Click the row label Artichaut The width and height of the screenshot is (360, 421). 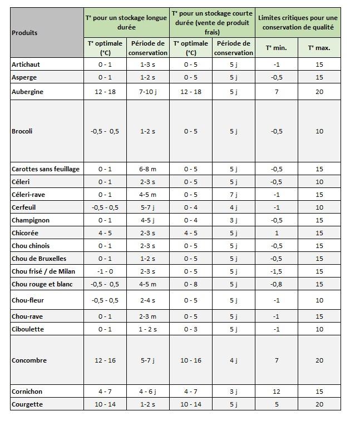coord(26,65)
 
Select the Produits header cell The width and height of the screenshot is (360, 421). coord(24,32)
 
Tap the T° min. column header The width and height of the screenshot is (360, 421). coord(276,48)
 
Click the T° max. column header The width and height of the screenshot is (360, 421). coord(319,48)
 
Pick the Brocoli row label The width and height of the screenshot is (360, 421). coord(22,131)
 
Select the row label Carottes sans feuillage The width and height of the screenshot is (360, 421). coord(46,169)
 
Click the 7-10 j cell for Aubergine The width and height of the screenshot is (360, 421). coord(147,92)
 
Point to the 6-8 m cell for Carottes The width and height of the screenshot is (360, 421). coord(147,169)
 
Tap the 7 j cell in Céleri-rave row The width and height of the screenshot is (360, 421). coord(234,195)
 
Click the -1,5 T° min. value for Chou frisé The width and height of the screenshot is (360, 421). coord(276,271)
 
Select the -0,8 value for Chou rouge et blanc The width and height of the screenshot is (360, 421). coord(276,284)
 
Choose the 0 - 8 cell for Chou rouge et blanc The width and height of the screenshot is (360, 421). coord(191,284)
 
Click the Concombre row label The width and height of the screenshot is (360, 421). coord(28,360)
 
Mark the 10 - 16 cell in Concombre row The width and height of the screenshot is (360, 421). coord(191,360)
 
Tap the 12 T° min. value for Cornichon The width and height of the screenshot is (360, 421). coord(276,392)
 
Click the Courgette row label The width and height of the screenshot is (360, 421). coord(27,404)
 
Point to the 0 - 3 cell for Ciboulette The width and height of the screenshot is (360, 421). coord(191,329)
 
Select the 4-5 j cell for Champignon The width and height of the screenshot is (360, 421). coord(147,220)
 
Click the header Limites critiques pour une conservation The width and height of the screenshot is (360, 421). coord(298,22)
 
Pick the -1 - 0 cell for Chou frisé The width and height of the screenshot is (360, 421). coord(105,271)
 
